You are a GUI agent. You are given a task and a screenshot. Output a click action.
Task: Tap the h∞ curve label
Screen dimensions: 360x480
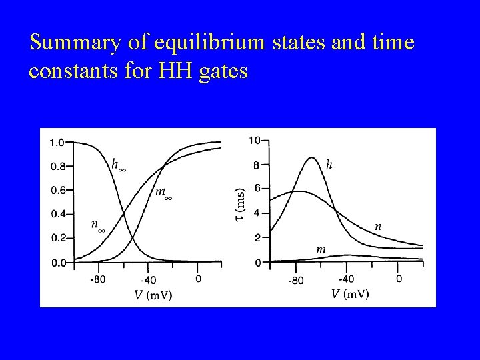tap(118, 165)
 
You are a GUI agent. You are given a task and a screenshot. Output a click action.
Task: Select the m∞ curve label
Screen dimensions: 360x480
tap(163, 193)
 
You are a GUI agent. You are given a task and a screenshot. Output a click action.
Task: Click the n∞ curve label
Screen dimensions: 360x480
tap(97, 225)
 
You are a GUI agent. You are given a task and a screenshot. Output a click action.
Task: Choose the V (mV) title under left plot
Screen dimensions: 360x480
tap(153, 294)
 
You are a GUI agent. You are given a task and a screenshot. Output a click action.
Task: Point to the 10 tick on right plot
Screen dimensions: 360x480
tap(254, 140)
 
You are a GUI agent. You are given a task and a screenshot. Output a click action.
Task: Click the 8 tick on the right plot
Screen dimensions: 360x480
tap(257, 165)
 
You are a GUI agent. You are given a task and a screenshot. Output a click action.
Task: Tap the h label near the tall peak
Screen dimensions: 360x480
tap(329, 163)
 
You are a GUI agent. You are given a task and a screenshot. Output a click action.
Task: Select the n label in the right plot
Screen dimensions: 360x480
tap(378, 227)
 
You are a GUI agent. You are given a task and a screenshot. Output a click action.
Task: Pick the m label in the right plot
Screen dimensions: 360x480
tap(321, 249)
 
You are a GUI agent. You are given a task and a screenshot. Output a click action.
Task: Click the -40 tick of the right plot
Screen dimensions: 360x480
tap(346, 279)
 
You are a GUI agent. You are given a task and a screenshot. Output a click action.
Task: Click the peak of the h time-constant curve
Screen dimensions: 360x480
tap(311, 157)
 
